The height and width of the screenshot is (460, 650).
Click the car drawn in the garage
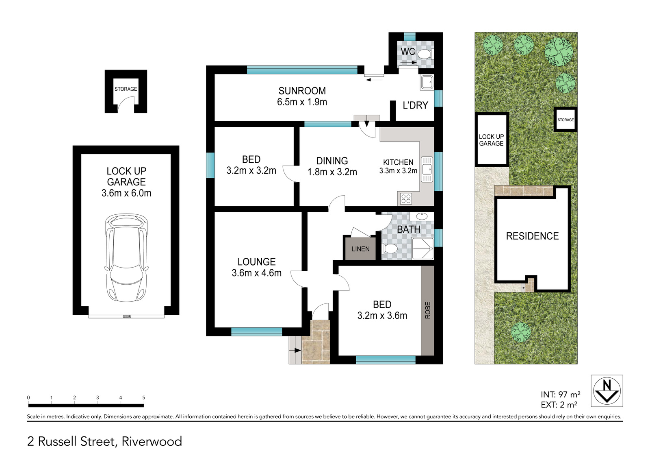coord(126,258)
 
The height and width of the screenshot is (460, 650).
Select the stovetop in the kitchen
coord(406,199)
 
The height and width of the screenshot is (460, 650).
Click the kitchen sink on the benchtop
coord(427,170)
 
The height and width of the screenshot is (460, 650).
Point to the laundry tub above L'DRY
coord(427,82)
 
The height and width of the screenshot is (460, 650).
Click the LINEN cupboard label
coord(360,249)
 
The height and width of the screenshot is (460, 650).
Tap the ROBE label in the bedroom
coord(428,310)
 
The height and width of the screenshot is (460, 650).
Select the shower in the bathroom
coord(422,249)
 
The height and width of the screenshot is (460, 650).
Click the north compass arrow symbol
coord(607,391)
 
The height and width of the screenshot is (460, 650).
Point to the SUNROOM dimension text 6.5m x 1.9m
coord(302,102)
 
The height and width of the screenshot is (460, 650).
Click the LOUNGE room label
coord(256,262)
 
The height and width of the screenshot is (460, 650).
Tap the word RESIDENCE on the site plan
coord(532,236)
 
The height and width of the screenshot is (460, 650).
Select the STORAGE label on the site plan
coord(565,120)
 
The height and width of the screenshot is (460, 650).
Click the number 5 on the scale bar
coord(144,397)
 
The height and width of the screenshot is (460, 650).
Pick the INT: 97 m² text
coord(561,395)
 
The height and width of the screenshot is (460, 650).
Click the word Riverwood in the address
coord(152,441)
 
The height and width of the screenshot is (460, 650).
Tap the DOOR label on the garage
coord(127,316)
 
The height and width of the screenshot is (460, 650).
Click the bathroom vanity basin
coord(421,216)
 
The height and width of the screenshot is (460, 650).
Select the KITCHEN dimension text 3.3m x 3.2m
coord(398,171)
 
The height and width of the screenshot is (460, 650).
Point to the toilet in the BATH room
coord(390,249)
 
